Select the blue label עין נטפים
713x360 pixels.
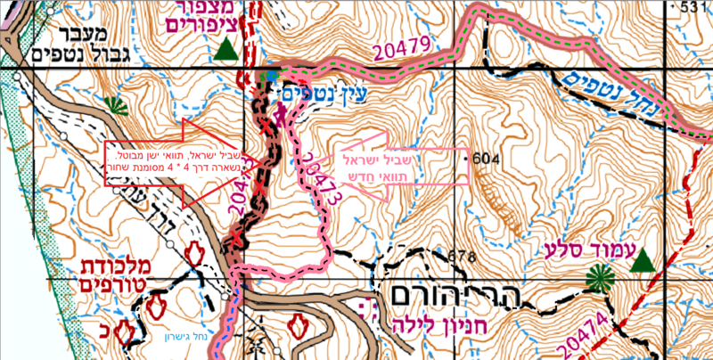(x=324, y=91)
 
